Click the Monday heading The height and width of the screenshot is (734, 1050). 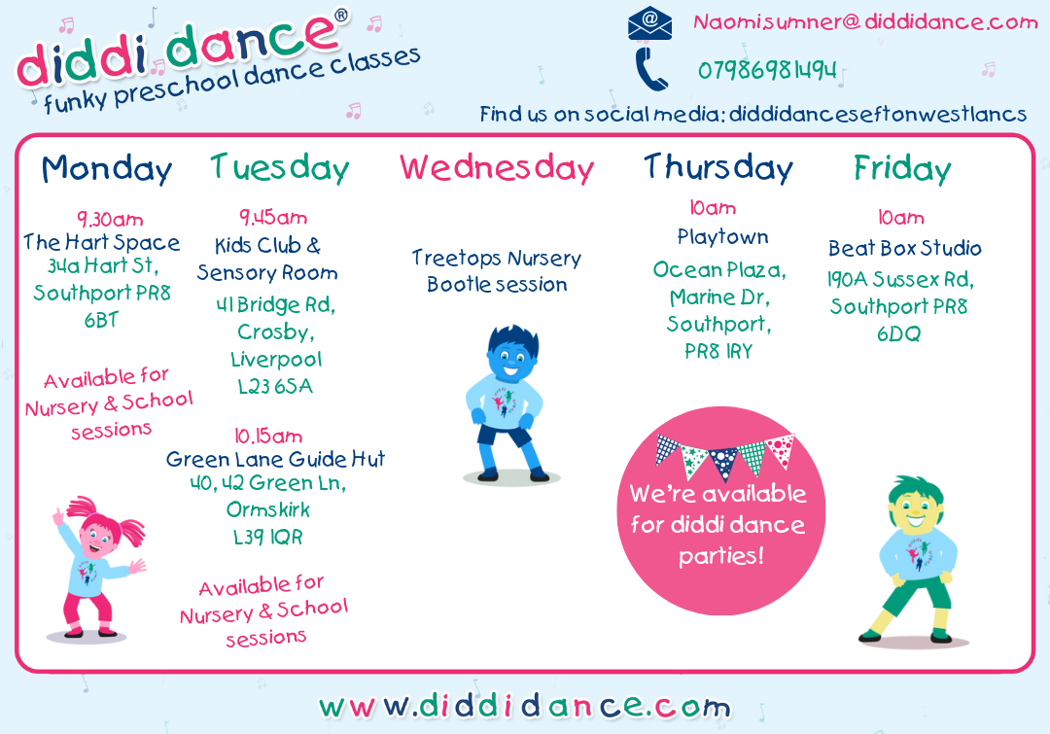(107, 169)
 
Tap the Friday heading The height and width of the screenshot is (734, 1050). (902, 169)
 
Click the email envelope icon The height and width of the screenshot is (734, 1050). (648, 24)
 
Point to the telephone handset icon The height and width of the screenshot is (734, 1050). (650, 69)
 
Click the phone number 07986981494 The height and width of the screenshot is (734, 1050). (767, 70)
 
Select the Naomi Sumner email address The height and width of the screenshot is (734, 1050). (865, 22)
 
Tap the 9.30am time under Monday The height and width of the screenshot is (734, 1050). (110, 219)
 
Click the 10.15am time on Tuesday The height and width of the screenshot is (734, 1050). (268, 436)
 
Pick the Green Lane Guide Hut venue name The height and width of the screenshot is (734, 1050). (275, 459)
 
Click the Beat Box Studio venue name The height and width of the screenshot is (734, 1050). (905, 249)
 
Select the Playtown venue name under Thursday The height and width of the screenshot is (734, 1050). (722, 237)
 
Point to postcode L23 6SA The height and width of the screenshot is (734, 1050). (275, 386)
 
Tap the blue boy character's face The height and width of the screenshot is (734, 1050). (511, 360)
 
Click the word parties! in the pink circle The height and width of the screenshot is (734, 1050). (721, 556)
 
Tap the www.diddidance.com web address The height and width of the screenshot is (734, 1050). (524, 707)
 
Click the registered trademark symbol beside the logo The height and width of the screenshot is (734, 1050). (341, 16)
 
